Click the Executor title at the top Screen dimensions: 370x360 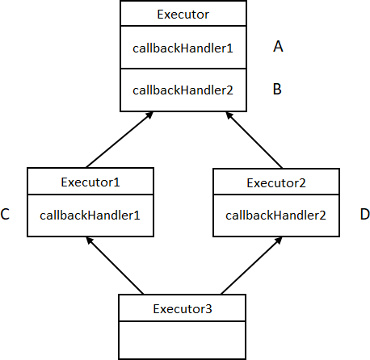tap(183, 15)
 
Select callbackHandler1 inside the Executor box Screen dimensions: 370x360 tap(183, 48)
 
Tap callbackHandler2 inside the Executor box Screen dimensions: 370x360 tap(183, 90)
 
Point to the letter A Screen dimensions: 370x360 tap(278, 46)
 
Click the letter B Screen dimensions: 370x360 tap(277, 89)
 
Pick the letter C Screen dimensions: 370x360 tap(5, 214)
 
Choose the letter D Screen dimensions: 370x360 tap(365, 215)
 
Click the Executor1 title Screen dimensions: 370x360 tap(90, 182)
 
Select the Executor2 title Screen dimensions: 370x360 tap(276, 183)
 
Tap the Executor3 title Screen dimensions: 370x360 tap(183, 309)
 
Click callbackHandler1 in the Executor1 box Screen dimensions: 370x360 tap(90, 216)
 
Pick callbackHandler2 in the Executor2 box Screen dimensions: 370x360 tap(275, 216)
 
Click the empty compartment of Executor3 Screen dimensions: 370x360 tap(183, 340)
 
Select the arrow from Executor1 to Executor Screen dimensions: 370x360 tap(120, 140)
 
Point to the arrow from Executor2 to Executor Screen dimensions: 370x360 tap(254, 140)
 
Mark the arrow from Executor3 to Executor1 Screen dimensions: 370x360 tap(115, 266)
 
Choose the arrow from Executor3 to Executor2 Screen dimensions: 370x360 tap(251, 266)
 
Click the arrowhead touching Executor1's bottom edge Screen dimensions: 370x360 tap(89, 240)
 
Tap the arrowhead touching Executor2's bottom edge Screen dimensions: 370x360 tap(279, 240)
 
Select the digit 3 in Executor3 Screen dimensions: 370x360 tap(209, 309)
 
